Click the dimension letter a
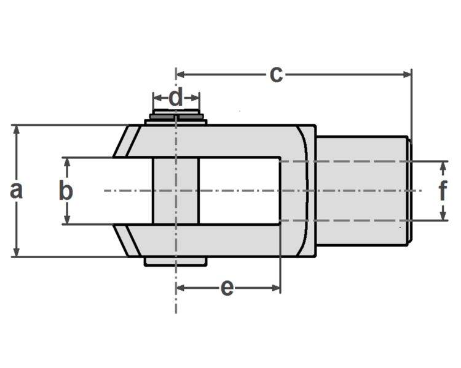pos(17,191)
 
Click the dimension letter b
pos(66,191)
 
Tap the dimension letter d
pos(176,98)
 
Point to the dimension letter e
pos(227,287)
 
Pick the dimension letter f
pos(443,191)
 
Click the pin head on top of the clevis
pos(176,117)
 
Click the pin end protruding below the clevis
pos(176,262)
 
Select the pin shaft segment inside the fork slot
pos(176,191)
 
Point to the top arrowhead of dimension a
pos(17,129)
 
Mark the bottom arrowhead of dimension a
pos(17,253)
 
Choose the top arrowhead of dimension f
pos(443,165)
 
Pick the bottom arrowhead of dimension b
pos(66,220)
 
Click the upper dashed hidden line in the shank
pos(357,161)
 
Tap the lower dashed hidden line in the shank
pos(357,220)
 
